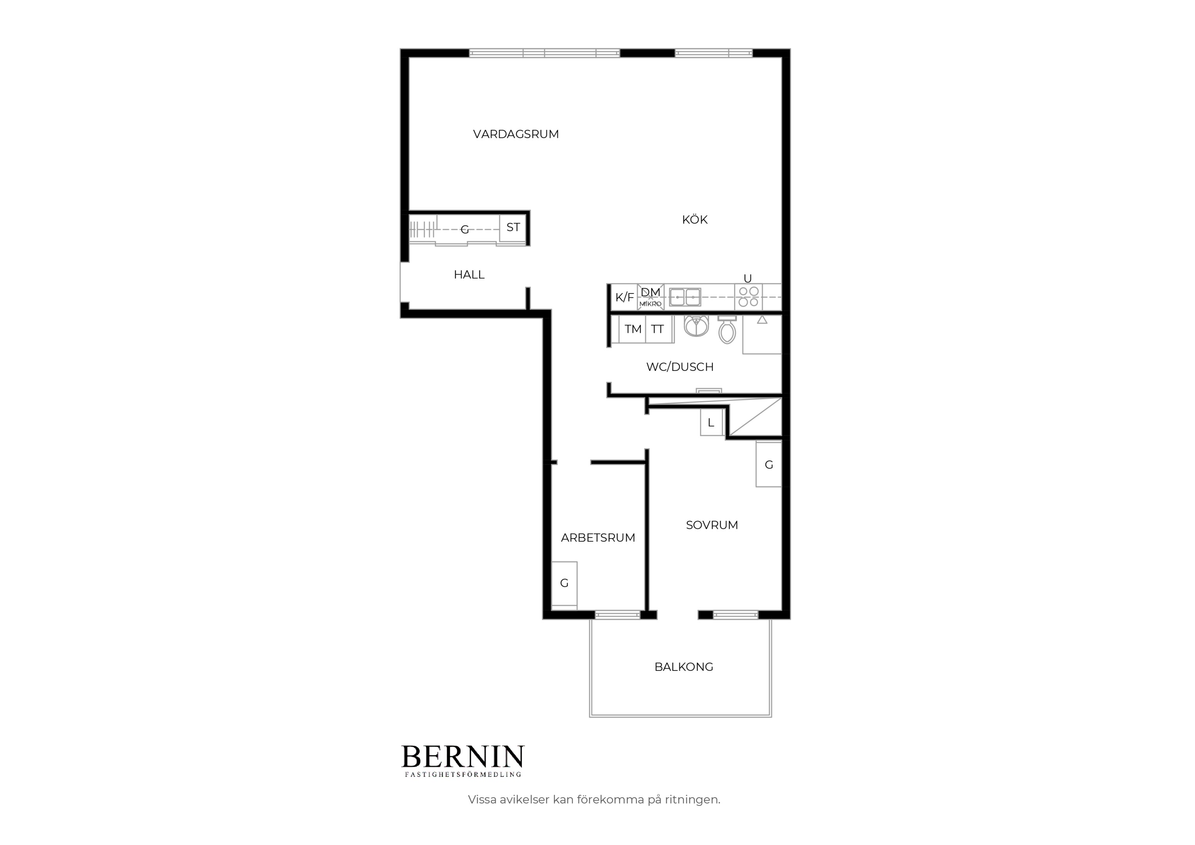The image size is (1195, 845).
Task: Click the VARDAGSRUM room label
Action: pos(516,135)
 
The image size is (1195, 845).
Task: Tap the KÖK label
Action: pos(695,220)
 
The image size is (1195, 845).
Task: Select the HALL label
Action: pos(469,275)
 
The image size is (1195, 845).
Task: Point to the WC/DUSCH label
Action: pos(680,367)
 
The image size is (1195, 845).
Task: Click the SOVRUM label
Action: pos(712,525)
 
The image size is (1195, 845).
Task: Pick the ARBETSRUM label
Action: pos(598,538)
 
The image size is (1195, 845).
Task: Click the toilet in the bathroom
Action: pos(727,329)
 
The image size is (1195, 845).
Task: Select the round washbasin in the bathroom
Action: pos(696,325)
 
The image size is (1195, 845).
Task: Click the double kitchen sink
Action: pos(685,297)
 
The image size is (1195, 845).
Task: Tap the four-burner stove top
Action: pos(749,297)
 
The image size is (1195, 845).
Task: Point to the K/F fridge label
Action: pos(625,297)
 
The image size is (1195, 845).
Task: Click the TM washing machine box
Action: pos(632,329)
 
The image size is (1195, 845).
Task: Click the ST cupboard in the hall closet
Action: pos(513,228)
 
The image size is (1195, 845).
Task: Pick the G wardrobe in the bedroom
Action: pos(769,465)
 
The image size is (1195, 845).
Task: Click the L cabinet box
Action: pos(711,422)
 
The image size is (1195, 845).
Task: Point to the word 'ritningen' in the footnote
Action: pos(692,800)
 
